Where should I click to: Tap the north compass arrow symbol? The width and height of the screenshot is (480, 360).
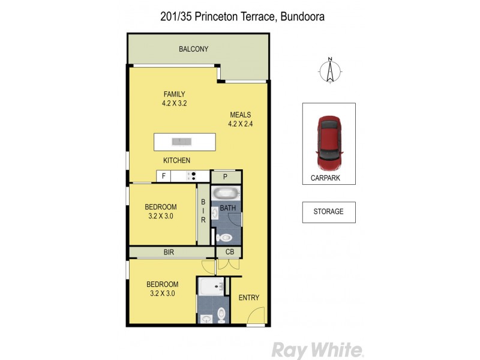[x=329, y=70]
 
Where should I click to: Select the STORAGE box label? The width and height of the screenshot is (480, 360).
[x=328, y=212]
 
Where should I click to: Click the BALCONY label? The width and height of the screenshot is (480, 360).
[x=193, y=49]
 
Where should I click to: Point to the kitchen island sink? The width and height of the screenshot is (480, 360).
[x=180, y=142]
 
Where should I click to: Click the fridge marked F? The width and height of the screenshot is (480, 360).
[x=163, y=176]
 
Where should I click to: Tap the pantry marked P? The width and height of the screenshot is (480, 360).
[x=225, y=176]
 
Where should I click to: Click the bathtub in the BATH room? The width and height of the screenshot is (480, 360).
[x=226, y=194]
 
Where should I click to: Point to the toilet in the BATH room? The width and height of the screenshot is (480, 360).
[x=229, y=237]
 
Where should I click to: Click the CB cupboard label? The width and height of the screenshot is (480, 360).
[x=229, y=253]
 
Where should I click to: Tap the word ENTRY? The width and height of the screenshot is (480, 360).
[x=248, y=298]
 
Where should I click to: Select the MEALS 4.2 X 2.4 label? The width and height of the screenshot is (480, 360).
[x=239, y=120]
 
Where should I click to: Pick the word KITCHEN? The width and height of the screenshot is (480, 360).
[x=177, y=160]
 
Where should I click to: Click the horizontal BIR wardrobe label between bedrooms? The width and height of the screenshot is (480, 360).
[x=169, y=253]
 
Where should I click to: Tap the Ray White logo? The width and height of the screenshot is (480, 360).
[x=317, y=349]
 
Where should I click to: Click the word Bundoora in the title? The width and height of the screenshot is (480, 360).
[x=303, y=17]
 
